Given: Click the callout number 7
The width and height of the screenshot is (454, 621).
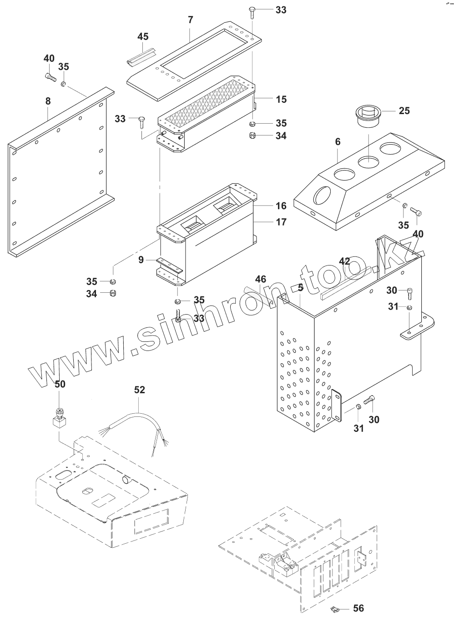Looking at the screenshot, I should pyautogui.click(x=191, y=20).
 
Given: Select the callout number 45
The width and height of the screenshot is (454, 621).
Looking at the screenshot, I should pyautogui.click(x=143, y=36).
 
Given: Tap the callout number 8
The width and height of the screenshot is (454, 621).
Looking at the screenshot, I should pyautogui.click(x=48, y=101).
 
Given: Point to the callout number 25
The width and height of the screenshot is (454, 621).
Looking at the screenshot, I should pyautogui.click(x=404, y=110).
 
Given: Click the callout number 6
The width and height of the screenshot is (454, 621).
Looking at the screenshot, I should pyautogui.click(x=337, y=142).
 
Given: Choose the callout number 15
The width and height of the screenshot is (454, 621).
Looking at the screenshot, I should pyautogui.click(x=281, y=99).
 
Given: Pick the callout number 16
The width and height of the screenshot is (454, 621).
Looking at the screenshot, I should pyautogui.click(x=281, y=206).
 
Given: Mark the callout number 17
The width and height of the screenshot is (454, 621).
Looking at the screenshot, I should pyautogui.click(x=281, y=222).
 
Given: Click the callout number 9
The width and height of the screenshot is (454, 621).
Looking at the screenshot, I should pyautogui.click(x=141, y=260).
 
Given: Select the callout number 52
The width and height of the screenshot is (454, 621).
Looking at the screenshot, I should pyautogui.click(x=139, y=390).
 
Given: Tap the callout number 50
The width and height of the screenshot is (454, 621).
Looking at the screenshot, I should pyautogui.click(x=60, y=384).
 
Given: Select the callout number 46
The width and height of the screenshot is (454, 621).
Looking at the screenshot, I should pyautogui.click(x=260, y=279).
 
